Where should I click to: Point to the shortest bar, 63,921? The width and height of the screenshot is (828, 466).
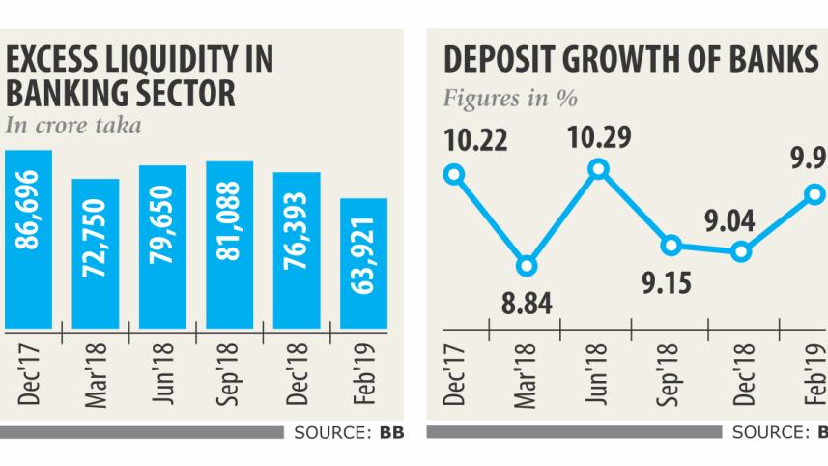pyautogui.click(x=363, y=262)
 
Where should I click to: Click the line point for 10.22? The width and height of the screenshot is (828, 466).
pyautogui.click(x=454, y=175)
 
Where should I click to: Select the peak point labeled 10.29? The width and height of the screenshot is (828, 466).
pyautogui.click(x=598, y=169)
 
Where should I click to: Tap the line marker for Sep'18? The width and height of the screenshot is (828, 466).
pyautogui.click(x=669, y=245)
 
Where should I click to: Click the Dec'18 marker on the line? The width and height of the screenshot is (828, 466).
pyautogui.click(x=741, y=251)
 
